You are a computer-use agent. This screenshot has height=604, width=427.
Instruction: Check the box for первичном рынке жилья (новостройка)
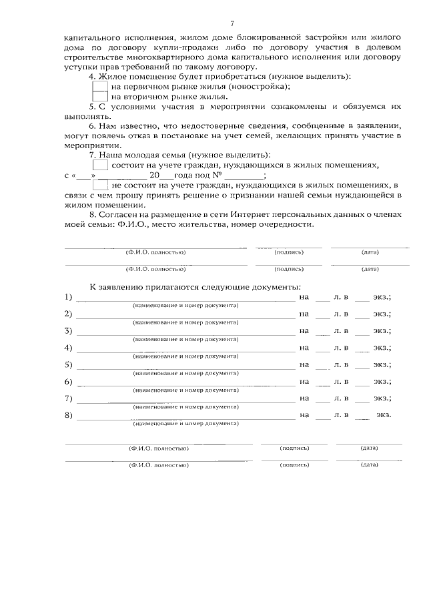point(99,87)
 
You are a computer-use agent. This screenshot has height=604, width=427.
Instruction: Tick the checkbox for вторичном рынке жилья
point(99,97)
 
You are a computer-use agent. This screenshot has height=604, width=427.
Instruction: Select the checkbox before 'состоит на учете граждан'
point(99,164)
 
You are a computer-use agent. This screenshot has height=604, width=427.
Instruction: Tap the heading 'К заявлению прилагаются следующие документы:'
point(191,286)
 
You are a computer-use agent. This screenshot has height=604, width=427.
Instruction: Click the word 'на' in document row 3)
point(304,330)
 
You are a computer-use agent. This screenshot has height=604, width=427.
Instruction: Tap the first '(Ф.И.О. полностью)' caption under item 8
point(155,252)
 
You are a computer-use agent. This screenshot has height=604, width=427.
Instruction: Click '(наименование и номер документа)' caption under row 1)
point(185,305)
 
